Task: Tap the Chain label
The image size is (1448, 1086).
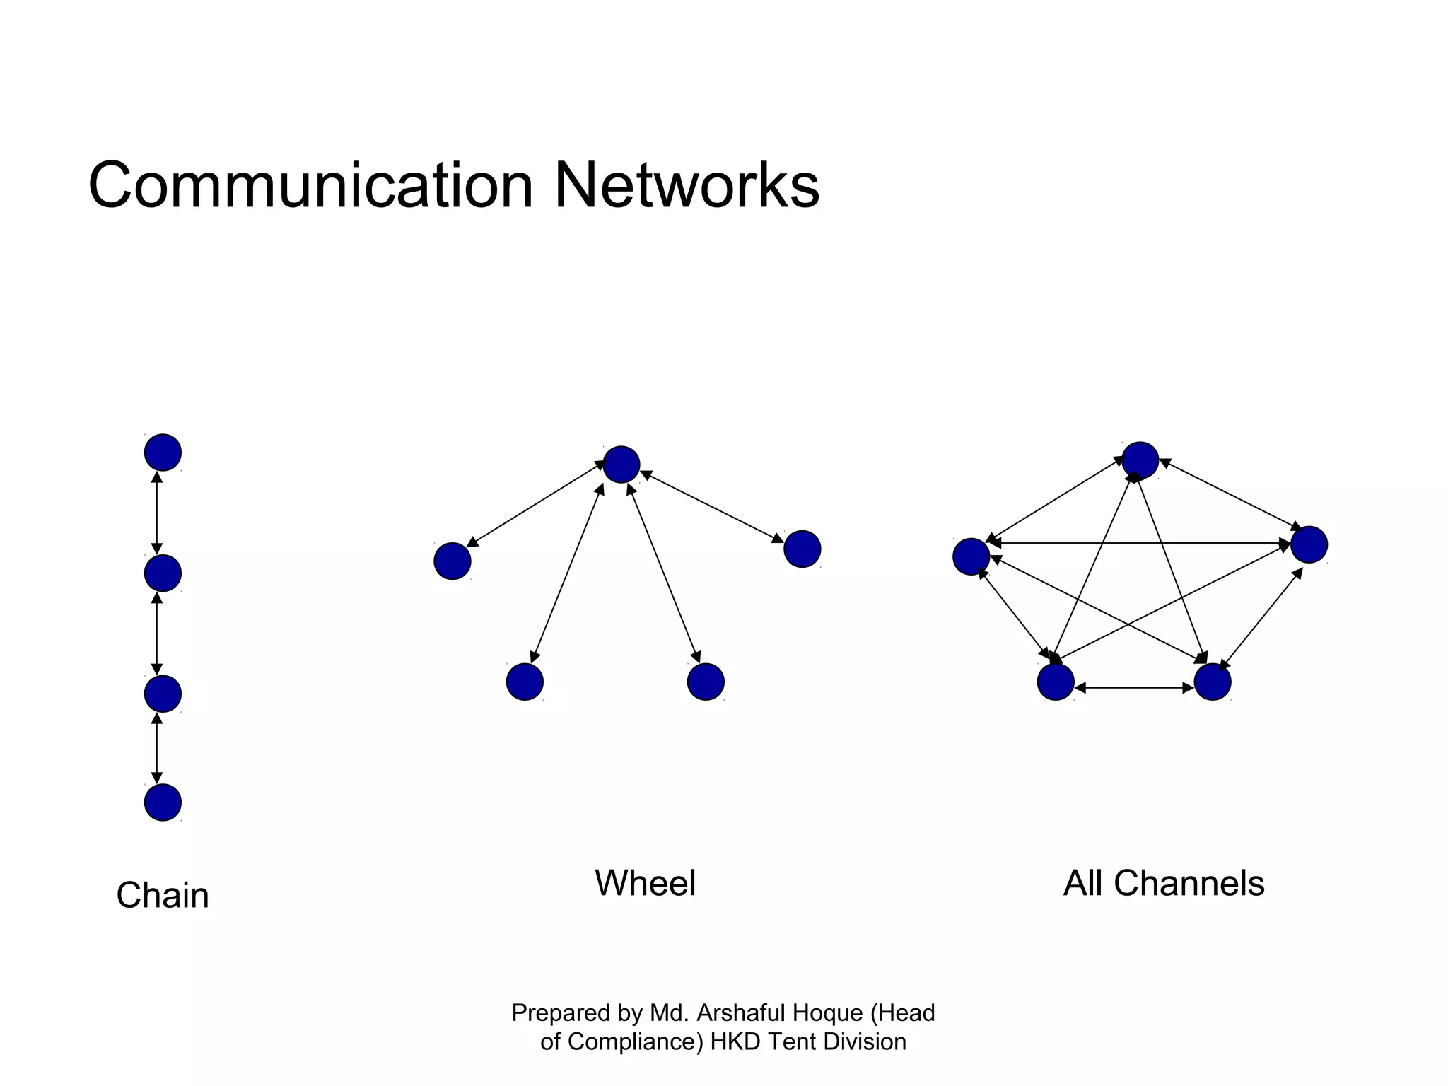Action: click(163, 895)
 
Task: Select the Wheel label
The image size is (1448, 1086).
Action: click(645, 883)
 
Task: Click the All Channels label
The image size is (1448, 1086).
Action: click(1164, 883)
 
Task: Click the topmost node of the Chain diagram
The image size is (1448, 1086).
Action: click(163, 452)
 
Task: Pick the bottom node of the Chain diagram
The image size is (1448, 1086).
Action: click(163, 802)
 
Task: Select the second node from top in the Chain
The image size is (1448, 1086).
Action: click(163, 573)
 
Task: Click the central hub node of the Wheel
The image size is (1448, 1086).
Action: click(621, 465)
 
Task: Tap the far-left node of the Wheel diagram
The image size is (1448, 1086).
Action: click(452, 561)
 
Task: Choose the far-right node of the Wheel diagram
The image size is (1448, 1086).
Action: click(802, 549)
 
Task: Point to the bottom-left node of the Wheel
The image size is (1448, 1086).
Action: click(525, 682)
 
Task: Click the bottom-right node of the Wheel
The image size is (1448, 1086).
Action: click(706, 682)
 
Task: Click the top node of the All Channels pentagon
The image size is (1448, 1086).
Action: click(1140, 461)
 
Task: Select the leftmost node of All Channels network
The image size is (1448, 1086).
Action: click(971, 556)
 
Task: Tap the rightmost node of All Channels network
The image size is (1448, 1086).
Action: click(1309, 544)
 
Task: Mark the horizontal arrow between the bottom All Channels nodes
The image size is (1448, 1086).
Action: click(1134, 687)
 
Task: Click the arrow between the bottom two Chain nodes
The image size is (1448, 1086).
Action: click(157, 748)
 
